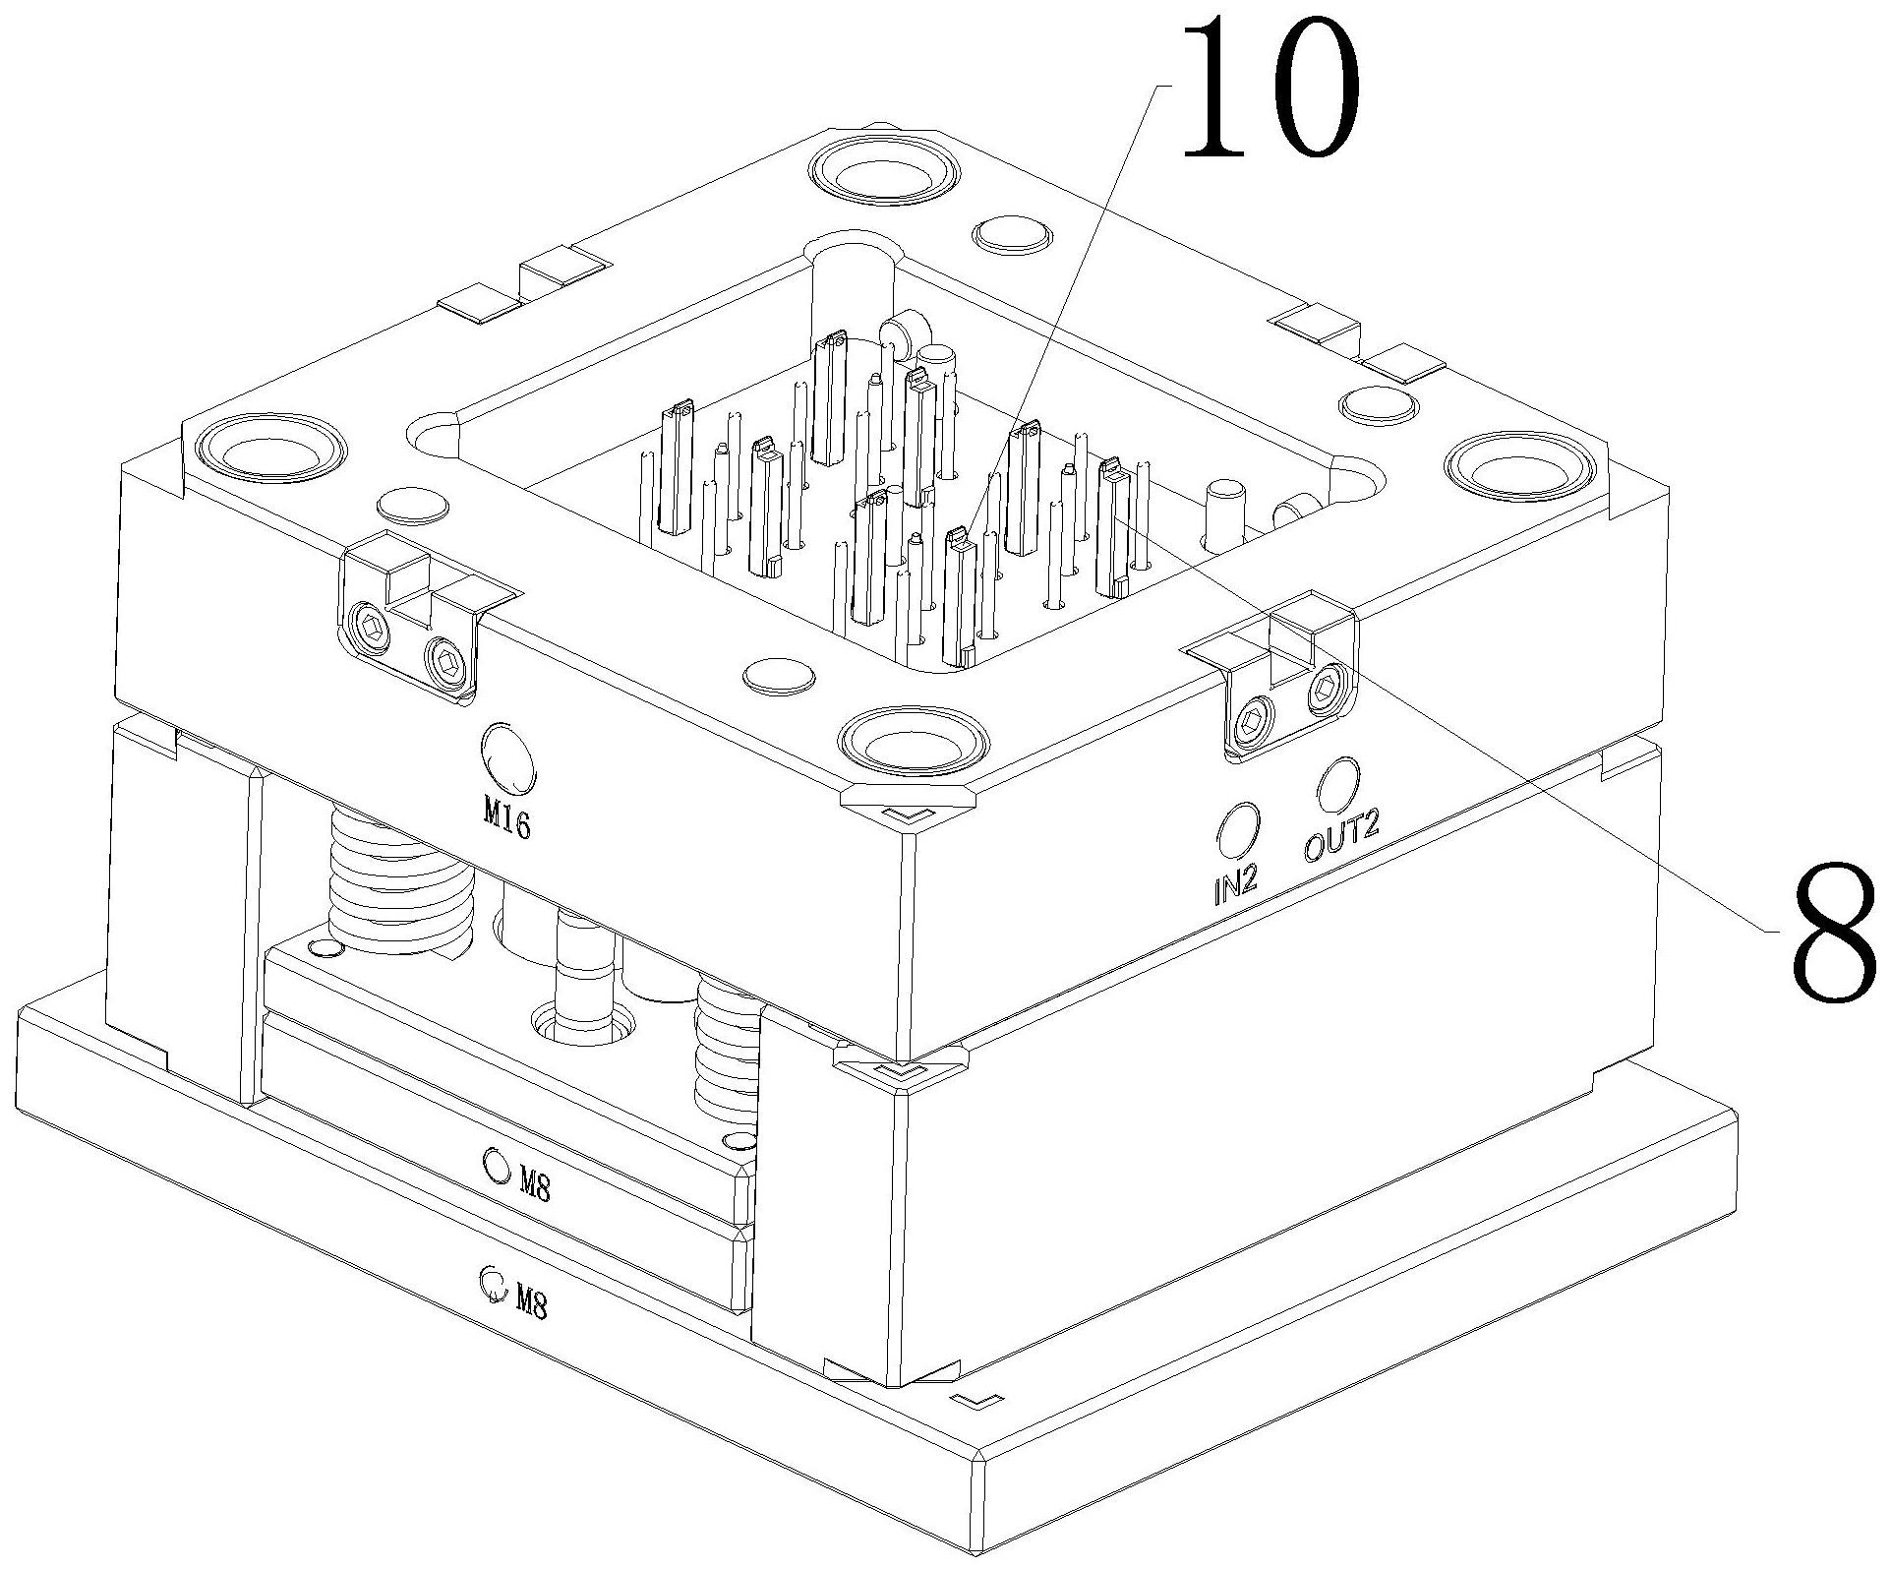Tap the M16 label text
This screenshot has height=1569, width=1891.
[507, 817]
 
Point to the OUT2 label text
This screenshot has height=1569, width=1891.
[1342, 839]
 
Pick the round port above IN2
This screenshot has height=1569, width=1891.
[1237, 830]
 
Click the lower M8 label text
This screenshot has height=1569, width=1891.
[532, 1304]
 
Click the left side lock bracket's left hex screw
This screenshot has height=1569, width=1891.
[373, 627]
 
